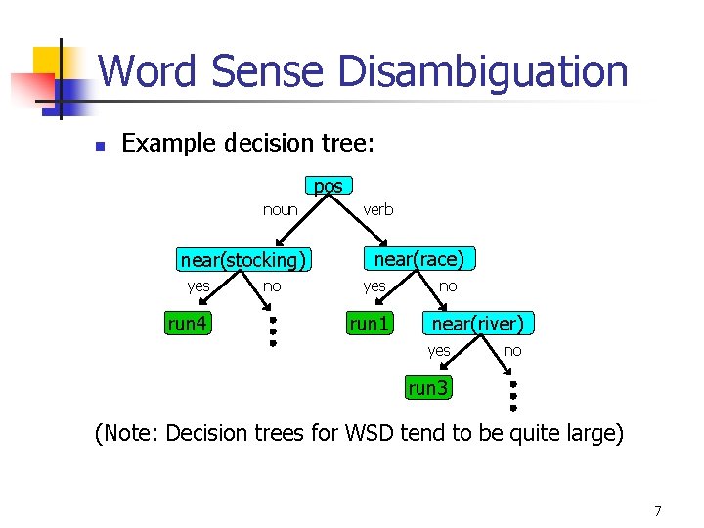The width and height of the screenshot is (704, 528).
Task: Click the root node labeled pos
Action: click(x=329, y=186)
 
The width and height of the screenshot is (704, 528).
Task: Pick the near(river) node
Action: click(x=477, y=323)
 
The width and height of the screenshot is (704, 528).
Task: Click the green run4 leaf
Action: click(x=188, y=324)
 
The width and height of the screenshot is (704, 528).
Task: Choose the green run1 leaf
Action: click(x=370, y=324)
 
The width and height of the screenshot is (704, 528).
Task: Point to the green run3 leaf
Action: click(x=428, y=388)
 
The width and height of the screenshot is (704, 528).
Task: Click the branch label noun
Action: click(x=281, y=209)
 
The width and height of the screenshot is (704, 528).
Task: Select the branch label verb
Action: click(x=378, y=209)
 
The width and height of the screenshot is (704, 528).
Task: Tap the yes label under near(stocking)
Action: click(x=198, y=286)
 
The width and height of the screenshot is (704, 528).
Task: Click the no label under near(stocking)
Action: click(x=273, y=286)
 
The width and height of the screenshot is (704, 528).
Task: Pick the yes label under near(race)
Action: click(x=374, y=286)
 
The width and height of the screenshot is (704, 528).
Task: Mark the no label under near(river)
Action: click(x=512, y=350)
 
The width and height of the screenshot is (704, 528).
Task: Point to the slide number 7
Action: click(x=658, y=510)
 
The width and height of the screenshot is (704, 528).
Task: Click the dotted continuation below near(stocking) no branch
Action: click(x=273, y=330)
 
